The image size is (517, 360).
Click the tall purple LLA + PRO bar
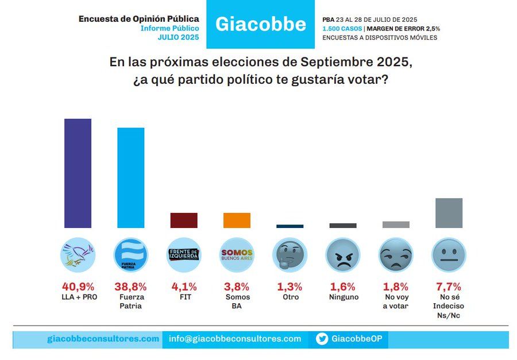[78, 173]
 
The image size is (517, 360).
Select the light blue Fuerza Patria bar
[131, 177]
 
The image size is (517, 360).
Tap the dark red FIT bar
[184, 220]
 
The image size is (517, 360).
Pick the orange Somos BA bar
[237, 220]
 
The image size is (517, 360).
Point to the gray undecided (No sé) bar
[449, 213]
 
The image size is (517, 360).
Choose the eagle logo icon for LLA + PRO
[78, 254]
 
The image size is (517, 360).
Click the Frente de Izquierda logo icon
[184, 254]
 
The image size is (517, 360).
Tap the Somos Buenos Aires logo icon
[237, 254]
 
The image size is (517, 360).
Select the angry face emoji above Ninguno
[343, 254]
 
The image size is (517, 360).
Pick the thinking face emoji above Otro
[290, 254]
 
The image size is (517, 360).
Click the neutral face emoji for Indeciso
[449, 254]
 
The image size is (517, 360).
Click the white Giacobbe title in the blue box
[260, 24]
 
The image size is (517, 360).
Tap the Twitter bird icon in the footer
[322, 339]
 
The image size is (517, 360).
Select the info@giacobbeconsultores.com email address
[235, 339]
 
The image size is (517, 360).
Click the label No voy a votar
[396, 301]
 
